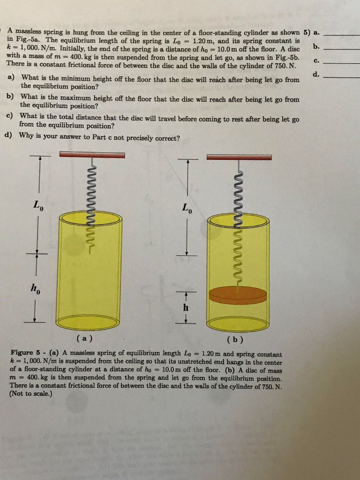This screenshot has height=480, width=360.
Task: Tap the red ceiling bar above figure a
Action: [92, 155]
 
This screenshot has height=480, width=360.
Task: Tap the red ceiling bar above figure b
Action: [239, 157]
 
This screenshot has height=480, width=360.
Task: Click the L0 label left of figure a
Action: [38, 205]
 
